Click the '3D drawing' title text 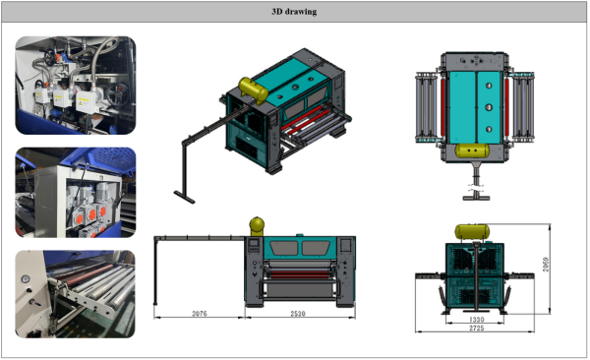coord(294,12)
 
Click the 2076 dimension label coord(200,314)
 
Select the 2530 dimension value coord(298,314)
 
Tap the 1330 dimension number coord(476,320)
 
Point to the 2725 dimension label coord(476,328)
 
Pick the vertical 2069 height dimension coord(546,265)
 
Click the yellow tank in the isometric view coord(254,90)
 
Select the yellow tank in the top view coord(472,150)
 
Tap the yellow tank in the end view coord(472,232)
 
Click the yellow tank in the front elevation coord(257,225)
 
